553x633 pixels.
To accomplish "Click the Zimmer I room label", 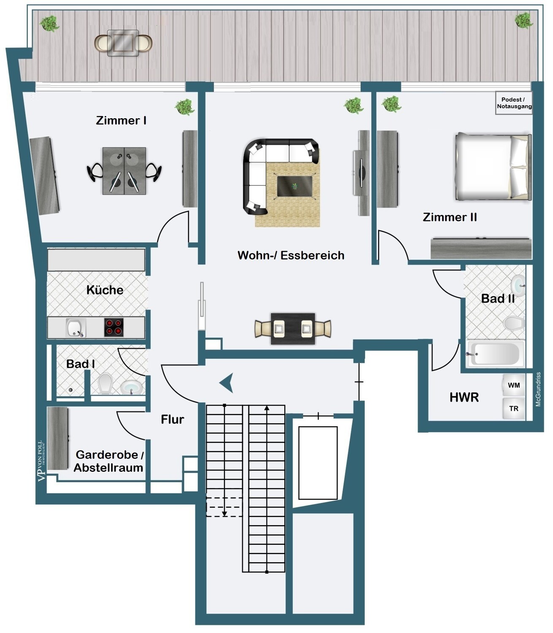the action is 121,120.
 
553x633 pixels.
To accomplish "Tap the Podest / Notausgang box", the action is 514,103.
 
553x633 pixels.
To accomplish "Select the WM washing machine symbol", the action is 514,385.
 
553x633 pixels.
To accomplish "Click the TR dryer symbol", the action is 514,408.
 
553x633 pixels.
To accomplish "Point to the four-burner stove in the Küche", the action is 114,327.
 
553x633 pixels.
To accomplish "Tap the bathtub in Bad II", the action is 496,354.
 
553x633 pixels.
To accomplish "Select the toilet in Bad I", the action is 105,384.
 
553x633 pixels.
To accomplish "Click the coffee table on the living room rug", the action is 295,186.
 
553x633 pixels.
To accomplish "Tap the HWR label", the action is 464,397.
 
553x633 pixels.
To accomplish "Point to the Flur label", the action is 172,419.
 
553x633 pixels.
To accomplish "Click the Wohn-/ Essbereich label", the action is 291,255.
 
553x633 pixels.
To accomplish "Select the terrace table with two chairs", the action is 123,43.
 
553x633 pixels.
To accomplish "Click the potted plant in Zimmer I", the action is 185,107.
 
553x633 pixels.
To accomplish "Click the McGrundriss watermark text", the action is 538,389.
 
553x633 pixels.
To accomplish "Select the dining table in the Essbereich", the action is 293,329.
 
